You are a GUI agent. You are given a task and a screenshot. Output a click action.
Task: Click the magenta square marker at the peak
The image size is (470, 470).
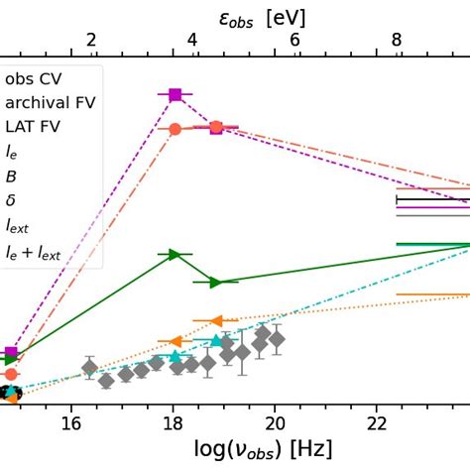(x=176, y=94)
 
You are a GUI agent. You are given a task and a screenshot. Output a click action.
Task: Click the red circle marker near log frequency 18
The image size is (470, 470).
(x=176, y=129)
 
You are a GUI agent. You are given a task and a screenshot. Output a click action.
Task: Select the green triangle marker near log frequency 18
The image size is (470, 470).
(x=175, y=255)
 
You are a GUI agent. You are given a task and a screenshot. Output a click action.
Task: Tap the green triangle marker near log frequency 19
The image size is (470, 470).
(x=214, y=283)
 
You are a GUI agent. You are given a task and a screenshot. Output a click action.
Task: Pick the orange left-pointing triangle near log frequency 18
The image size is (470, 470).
(x=175, y=342)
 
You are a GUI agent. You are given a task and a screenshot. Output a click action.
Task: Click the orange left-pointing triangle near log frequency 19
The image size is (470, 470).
(x=215, y=320)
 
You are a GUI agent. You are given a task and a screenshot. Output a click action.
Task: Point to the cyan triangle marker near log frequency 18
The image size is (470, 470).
(x=176, y=356)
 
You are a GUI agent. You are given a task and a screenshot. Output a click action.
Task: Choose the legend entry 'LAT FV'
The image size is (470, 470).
(x=35, y=128)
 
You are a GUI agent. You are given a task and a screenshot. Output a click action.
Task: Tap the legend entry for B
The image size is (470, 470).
(x=11, y=176)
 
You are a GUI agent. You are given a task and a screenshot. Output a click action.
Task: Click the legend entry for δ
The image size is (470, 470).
(x=11, y=200)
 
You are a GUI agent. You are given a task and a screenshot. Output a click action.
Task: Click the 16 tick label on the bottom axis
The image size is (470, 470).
(x=70, y=423)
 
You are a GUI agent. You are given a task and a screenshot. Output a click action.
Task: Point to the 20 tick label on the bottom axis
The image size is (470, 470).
(x=275, y=423)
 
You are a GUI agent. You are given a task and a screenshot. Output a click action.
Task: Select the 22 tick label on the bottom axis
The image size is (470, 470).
(x=377, y=423)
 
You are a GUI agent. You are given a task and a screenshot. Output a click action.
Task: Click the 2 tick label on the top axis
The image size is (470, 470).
(x=91, y=41)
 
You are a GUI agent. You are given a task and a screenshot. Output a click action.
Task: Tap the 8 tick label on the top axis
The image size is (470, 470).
(x=397, y=41)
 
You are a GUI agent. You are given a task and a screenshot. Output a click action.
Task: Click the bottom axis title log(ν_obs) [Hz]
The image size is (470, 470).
(x=262, y=450)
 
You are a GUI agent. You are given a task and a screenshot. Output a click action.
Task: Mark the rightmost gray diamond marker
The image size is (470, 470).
(x=277, y=339)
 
